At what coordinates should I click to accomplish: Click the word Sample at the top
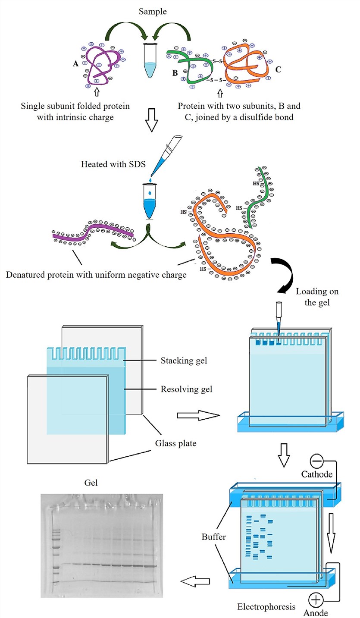coord(153,12)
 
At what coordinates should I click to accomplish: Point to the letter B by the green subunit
coord(175,73)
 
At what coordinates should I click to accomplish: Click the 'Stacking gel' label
coord(184,360)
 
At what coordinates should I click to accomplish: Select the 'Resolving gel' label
coord(186,389)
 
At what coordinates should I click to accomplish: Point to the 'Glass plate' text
coord(175,442)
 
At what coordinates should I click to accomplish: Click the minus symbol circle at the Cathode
coord(317,461)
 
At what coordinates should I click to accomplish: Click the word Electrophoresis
coord(266,607)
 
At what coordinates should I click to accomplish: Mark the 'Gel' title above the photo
coord(91,483)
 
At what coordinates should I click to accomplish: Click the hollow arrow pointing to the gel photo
coord(194,582)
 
